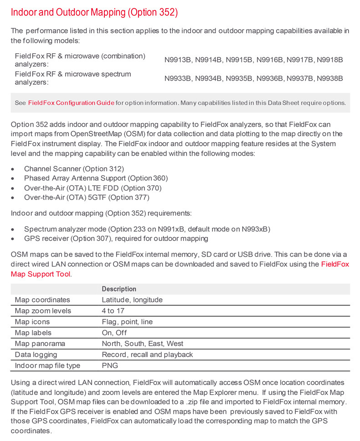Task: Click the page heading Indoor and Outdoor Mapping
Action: [94, 12]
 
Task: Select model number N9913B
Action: [178, 60]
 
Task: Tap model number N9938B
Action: [329, 78]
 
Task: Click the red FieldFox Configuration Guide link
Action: [71, 103]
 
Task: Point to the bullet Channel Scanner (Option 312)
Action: [74, 169]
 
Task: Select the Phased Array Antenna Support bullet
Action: [96, 178]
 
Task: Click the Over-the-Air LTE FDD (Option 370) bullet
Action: [93, 188]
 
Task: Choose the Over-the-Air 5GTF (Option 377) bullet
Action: [87, 197]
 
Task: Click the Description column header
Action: [119, 289]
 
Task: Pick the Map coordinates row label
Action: [42, 300]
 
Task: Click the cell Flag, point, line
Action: [127, 322]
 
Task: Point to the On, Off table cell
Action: [114, 333]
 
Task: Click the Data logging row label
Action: [36, 354]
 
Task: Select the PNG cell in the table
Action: [109, 365]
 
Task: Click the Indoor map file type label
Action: [47, 365]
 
